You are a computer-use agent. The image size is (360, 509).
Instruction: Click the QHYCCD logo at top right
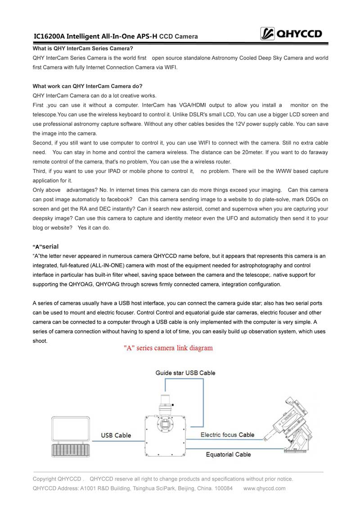coord(292,33)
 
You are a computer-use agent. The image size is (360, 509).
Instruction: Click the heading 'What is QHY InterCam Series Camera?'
coord(83,48)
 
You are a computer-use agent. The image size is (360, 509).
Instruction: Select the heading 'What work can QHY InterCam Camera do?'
coord(87,86)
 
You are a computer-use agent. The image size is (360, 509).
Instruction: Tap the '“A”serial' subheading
coord(46,247)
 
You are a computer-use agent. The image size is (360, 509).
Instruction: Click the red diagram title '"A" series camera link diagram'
coord(168,348)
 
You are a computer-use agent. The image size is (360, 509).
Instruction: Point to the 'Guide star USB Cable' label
coord(185,373)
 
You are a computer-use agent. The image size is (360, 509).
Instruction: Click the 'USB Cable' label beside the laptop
coord(116,435)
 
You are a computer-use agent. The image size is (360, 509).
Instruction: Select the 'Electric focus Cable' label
coord(227,435)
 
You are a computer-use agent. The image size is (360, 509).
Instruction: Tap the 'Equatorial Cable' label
coord(228,455)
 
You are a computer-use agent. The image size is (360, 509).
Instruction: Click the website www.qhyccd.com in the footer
coord(264,488)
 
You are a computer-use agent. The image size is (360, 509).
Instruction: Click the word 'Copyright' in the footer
coord(45,479)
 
